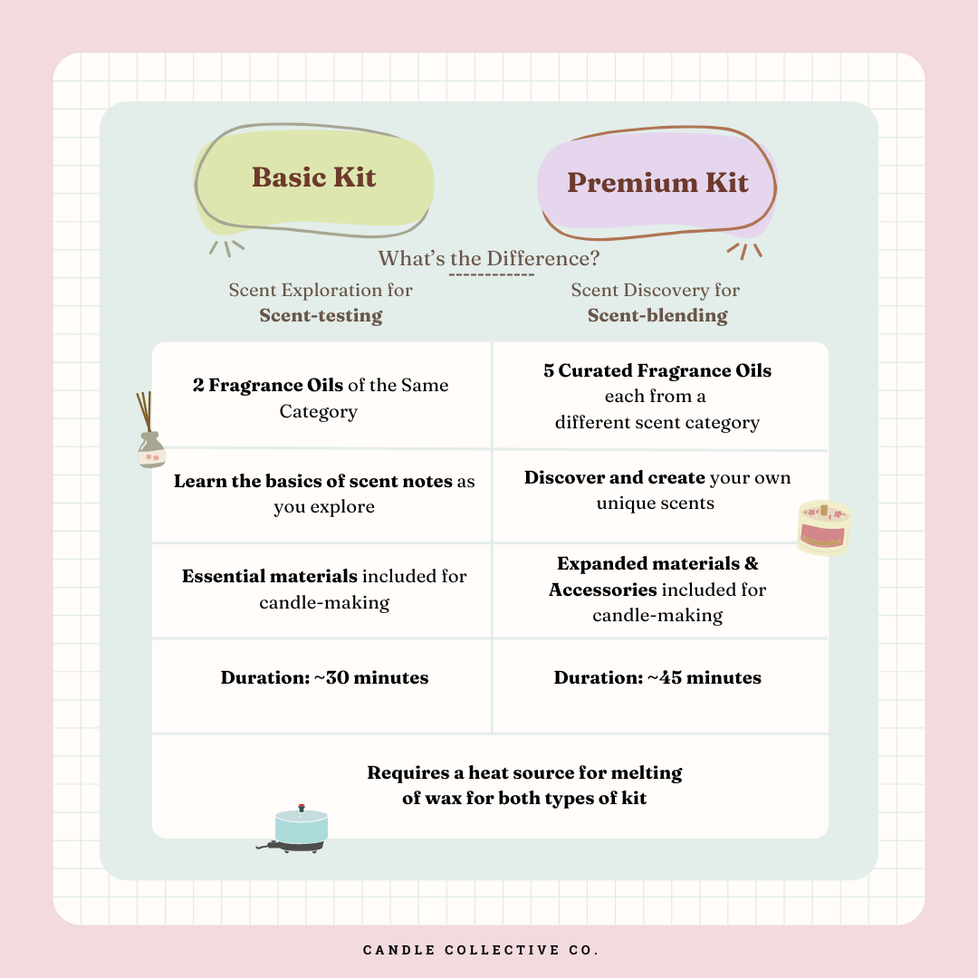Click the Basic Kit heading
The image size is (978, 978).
pyautogui.click(x=313, y=177)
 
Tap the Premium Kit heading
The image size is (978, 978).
pyautogui.click(x=657, y=182)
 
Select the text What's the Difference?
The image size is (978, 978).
pyautogui.click(x=488, y=258)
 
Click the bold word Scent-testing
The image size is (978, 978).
pyautogui.click(x=321, y=315)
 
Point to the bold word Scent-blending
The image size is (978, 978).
pyautogui.click(x=657, y=315)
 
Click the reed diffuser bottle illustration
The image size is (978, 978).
pyautogui.click(x=149, y=430)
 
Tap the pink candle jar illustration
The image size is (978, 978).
pyautogui.click(x=824, y=528)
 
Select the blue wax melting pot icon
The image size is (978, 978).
pyautogui.click(x=297, y=829)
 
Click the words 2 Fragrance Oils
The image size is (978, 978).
pyautogui.click(x=268, y=385)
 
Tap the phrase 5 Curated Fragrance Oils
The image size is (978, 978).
pyautogui.click(x=657, y=370)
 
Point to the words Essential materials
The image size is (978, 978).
pyautogui.click(x=270, y=576)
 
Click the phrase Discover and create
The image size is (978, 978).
pyautogui.click(x=614, y=477)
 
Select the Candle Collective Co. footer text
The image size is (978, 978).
pyautogui.click(x=480, y=950)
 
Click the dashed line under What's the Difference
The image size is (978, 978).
pyautogui.click(x=492, y=274)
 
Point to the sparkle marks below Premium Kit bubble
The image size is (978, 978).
pyautogui.click(x=744, y=251)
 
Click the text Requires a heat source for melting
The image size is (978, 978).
pyautogui.click(x=524, y=772)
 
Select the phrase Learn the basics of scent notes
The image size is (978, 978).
pyautogui.click(x=313, y=481)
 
